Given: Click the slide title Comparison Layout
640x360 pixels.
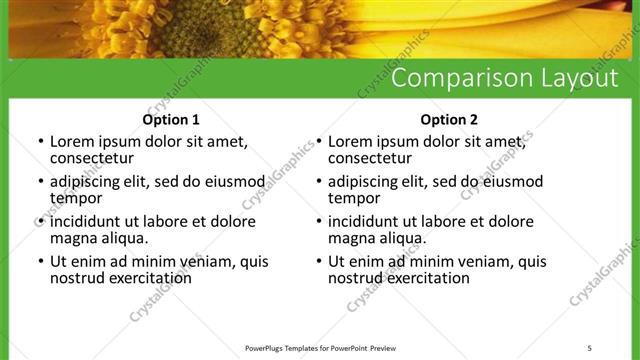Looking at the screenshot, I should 503,78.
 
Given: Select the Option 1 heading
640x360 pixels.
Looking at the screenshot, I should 171,120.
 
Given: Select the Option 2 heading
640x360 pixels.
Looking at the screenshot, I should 449,120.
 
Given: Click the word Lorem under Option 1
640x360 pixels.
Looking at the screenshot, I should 73,142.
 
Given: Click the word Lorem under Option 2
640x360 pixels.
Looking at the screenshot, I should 351,142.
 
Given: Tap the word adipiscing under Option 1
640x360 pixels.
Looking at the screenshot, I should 89,182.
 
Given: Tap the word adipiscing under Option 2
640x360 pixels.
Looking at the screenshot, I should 367,182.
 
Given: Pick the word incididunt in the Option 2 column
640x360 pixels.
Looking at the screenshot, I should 369,222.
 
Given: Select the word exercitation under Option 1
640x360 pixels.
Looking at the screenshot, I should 150,278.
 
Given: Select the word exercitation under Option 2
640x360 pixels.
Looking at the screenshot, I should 428,278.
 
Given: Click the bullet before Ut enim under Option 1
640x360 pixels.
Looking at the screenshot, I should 40,262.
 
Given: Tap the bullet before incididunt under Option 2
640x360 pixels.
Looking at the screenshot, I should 318,222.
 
